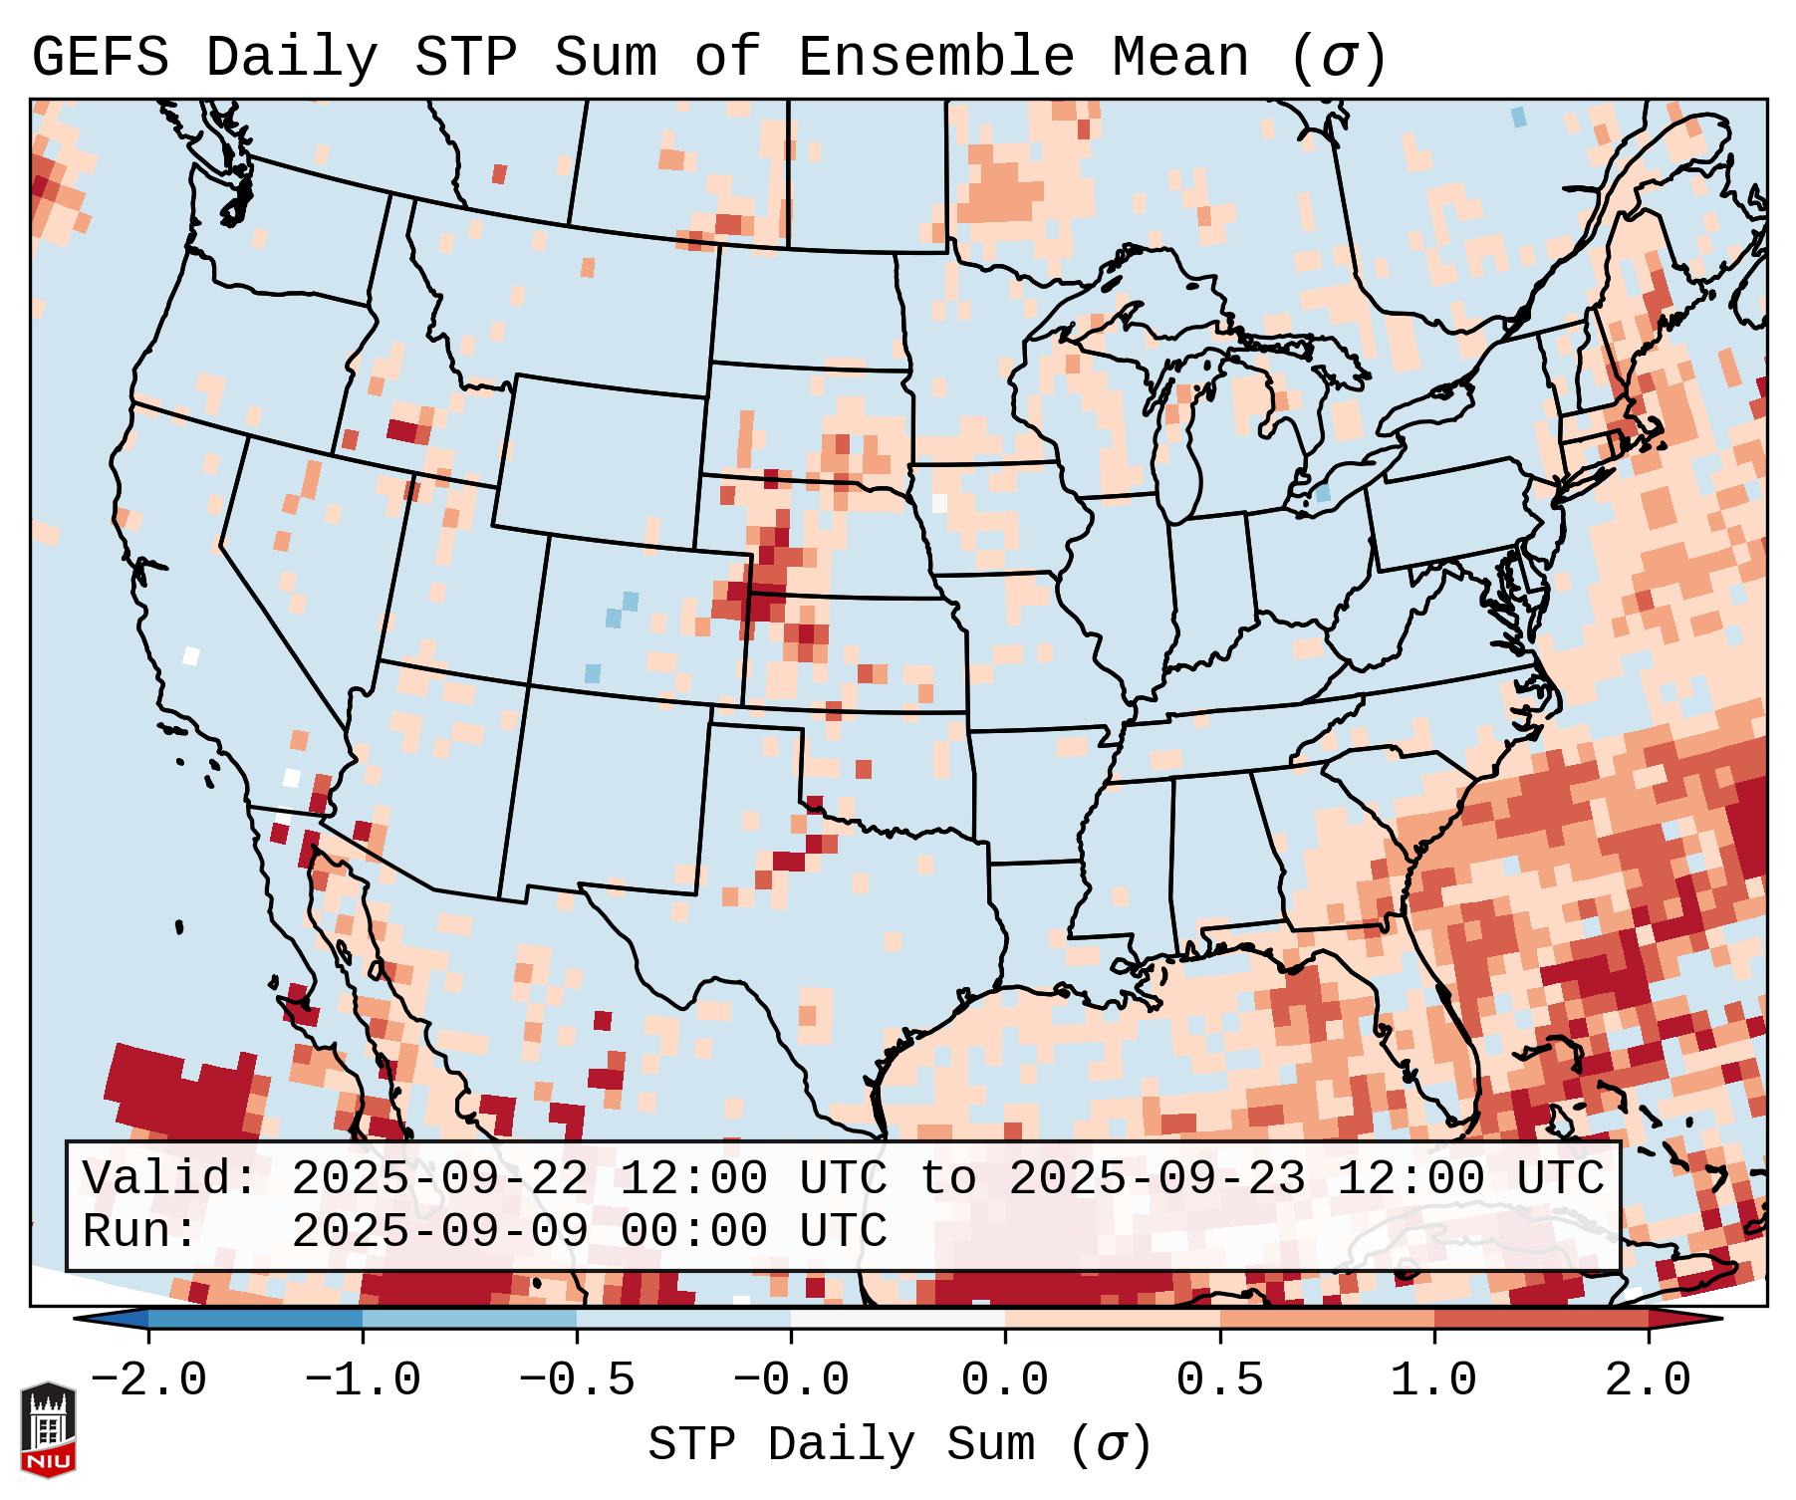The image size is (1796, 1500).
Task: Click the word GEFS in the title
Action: pyautogui.click(x=100, y=57)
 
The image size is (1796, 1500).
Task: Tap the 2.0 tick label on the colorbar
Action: pyautogui.click(x=1649, y=1380)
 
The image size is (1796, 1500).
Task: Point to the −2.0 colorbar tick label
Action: pyautogui.click(x=148, y=1380)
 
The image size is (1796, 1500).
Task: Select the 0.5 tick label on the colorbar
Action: pyautogui.click(x=1219, y=1380)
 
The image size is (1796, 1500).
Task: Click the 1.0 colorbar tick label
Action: pyautogui.click(x=1433, y=1380)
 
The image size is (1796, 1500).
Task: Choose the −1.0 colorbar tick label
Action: pyautogui.click(x=363, y=1380)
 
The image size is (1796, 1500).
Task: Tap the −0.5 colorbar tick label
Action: pyautogui.click(x=577, y=1380)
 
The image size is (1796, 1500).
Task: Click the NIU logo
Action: pyautogui.click(x=48, y=1429)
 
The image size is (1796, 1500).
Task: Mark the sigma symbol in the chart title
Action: pyautogui.click(x=1338, y=59)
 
